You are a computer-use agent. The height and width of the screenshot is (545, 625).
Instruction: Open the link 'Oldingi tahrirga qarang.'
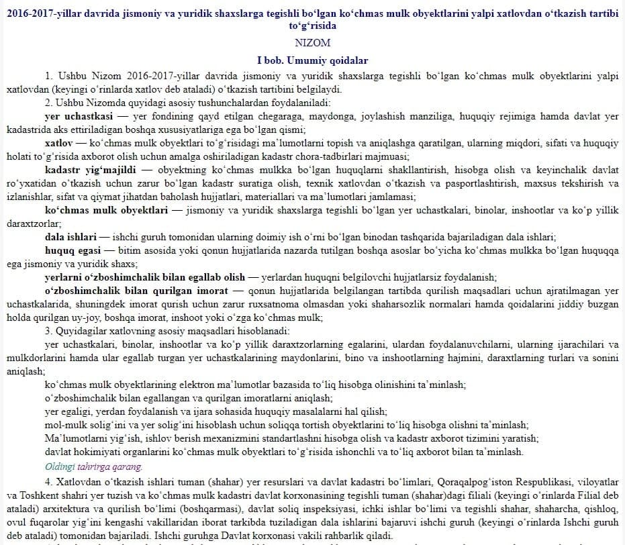[x=93, y=466]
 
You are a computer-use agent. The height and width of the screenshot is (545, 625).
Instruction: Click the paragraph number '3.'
[x=49, y=331]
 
